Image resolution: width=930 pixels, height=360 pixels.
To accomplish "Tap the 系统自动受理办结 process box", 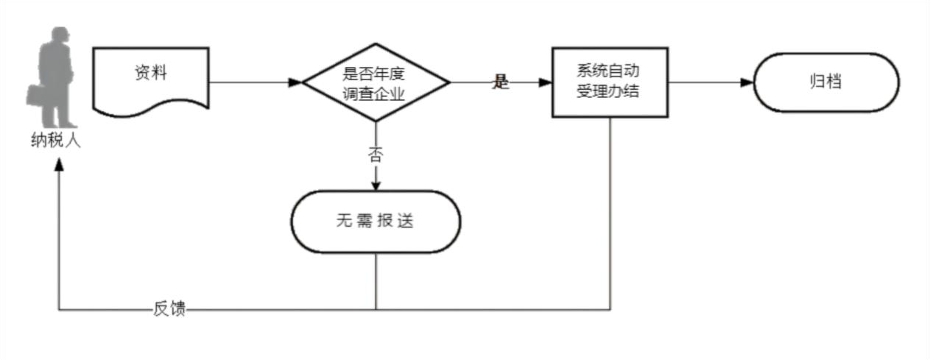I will tap(610, 82).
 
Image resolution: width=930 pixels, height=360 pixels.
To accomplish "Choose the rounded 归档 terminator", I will tap(825, 82).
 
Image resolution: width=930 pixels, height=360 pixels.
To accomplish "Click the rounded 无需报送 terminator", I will tap(376, 222).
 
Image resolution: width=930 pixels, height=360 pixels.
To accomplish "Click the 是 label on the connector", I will tap(501, 82).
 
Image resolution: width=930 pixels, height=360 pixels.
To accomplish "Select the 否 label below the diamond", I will tap(376, 155).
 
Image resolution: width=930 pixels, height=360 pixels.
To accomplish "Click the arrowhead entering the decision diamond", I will tap(295, 82).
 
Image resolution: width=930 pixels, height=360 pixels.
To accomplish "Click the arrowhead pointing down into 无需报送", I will tap(376, 185).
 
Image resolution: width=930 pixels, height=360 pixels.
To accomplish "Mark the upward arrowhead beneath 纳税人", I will tap(59, 166).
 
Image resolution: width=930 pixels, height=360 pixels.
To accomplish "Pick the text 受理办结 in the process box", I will tap(608, 93).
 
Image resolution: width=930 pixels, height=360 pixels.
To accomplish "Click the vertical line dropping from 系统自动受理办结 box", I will tap(610, 213).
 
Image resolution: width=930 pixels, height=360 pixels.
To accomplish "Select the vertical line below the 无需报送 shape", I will tap(376, 281).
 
